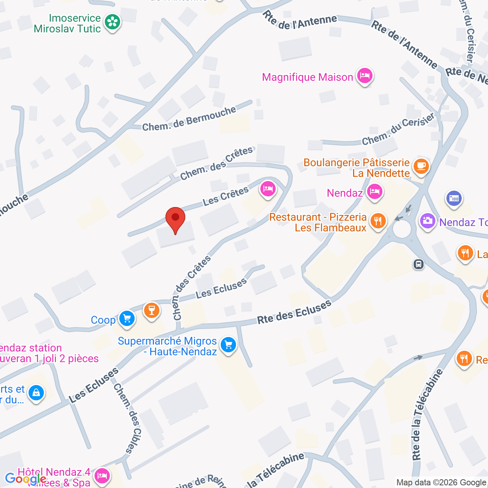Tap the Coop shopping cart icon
[x=127, y=319]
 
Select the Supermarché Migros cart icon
[x=228, y=345]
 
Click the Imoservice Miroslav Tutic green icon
[x=112, y=22]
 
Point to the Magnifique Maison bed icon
[x=365, y=76]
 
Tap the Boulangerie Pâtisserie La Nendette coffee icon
[x=421, y=167]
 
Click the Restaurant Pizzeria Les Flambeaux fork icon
[x=378, y=221]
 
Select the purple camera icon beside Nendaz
[x=428, y=221]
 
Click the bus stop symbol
[x=419, y=264]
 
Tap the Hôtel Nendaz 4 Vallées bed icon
[x=102, y=475]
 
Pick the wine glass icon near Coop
[x=152, y=310]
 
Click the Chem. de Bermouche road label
[x=189, y=119]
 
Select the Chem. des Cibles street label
[x=128, y=418]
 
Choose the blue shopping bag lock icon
[x=36, y=392]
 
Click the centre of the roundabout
[x=402, y=229]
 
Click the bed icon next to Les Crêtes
[x=268, y=188]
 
